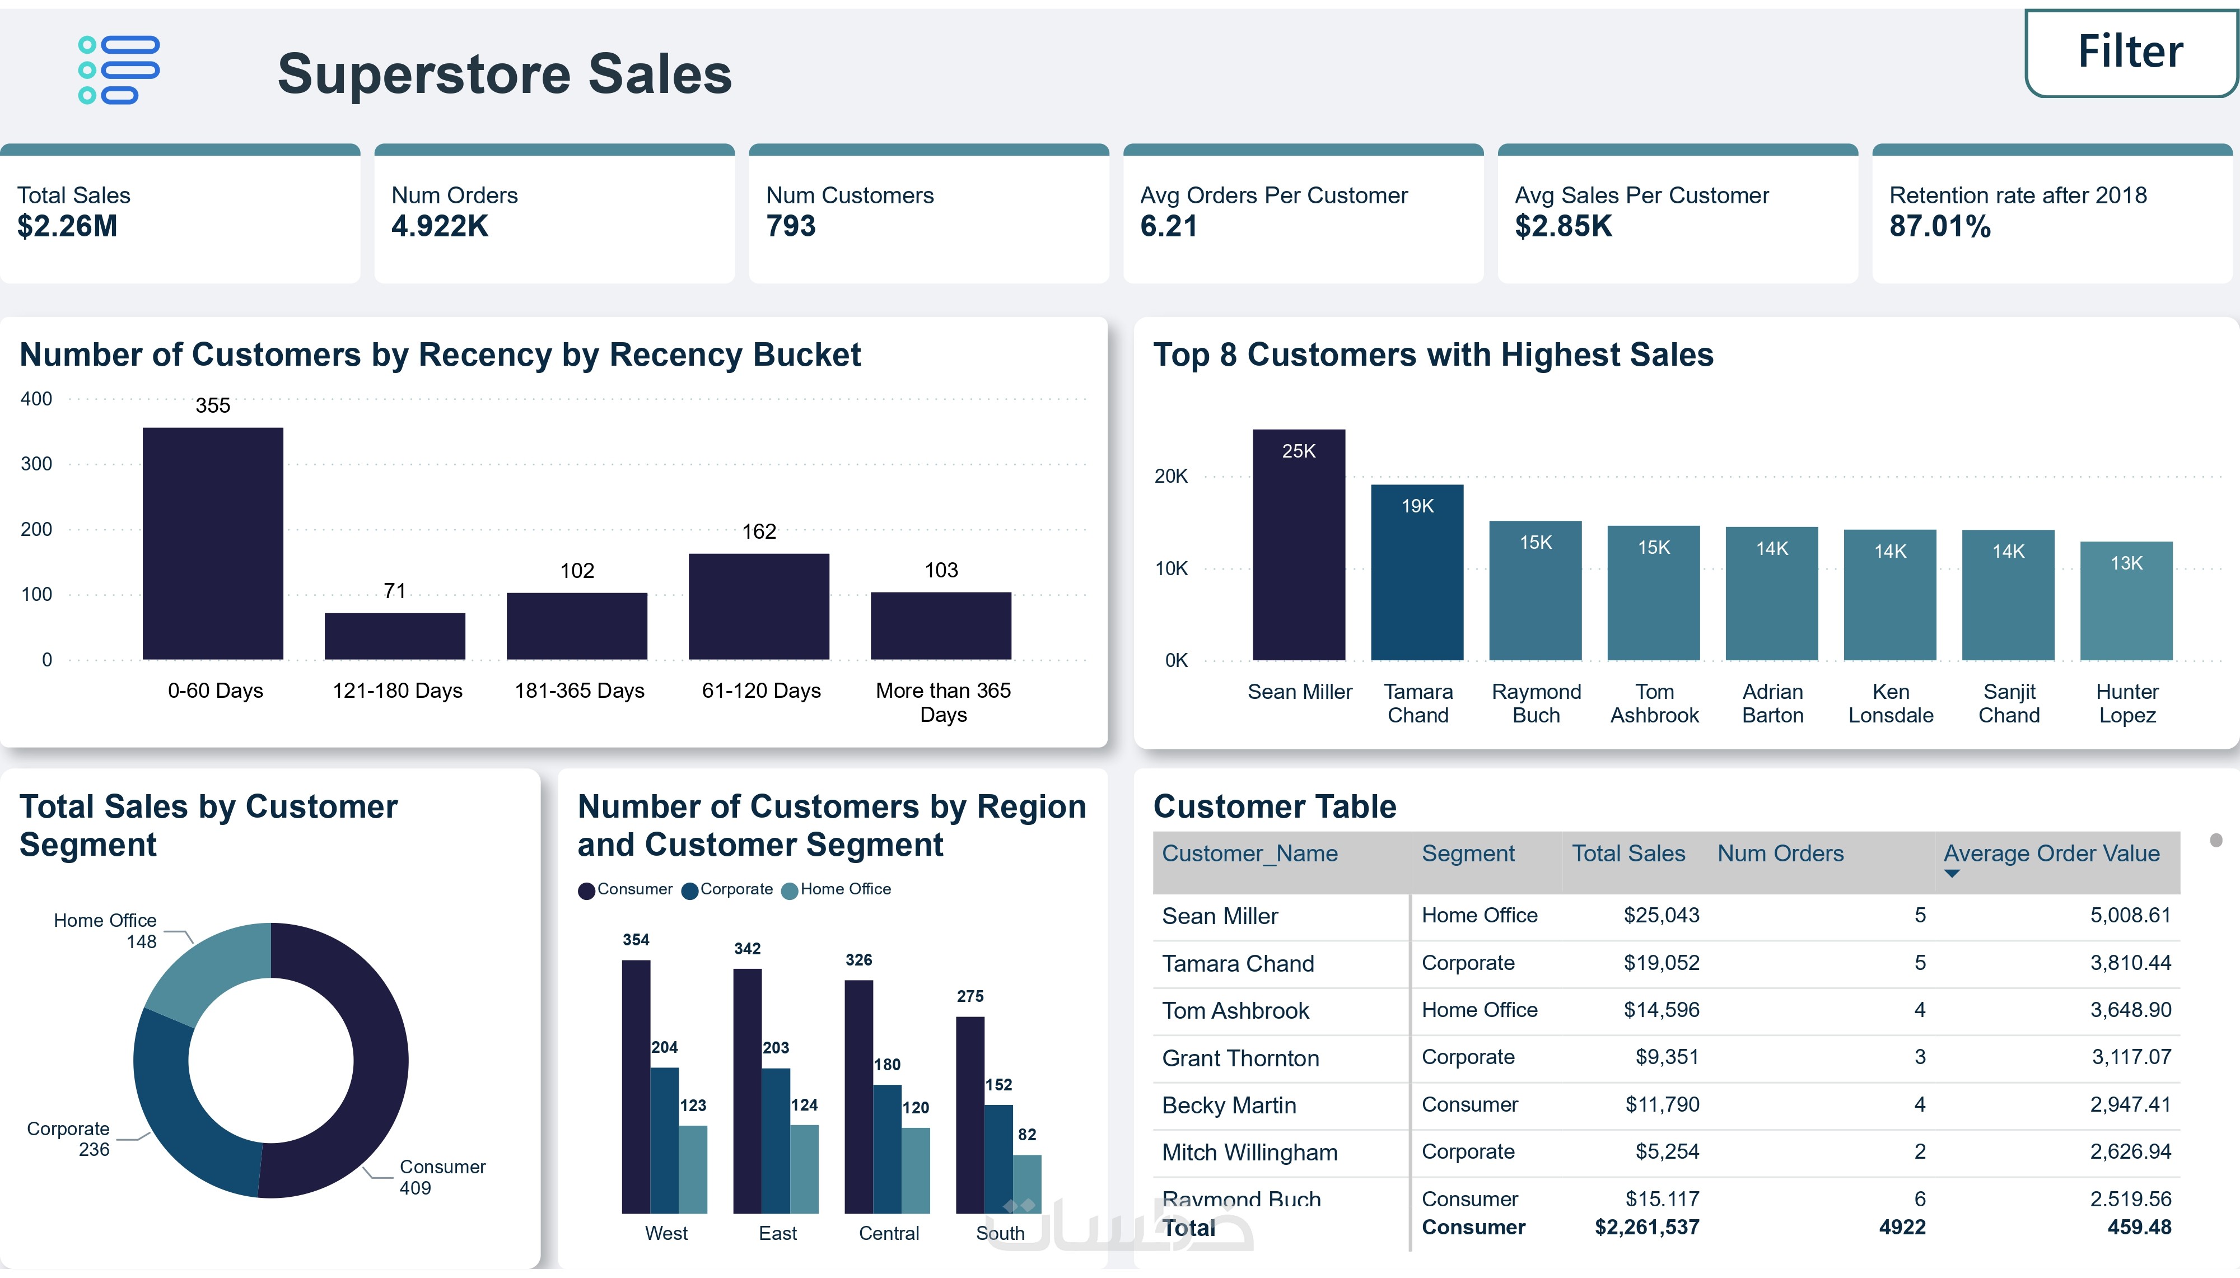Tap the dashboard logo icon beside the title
click(119, 70)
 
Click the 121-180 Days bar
click(395, 636)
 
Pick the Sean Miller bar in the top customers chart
click(1299, 544)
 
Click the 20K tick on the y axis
click(1170, 477)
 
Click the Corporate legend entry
click(727, 889)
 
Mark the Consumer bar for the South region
click(969, 1114)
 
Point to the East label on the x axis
click(777, 1233)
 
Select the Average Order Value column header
click(2051, 854)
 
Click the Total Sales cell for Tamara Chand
click(1661, 963)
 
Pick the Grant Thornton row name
click(1240, 1058)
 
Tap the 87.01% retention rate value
click(1940, 226)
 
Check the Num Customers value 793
click(791, 226)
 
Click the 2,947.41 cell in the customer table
click(2130, 1104)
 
